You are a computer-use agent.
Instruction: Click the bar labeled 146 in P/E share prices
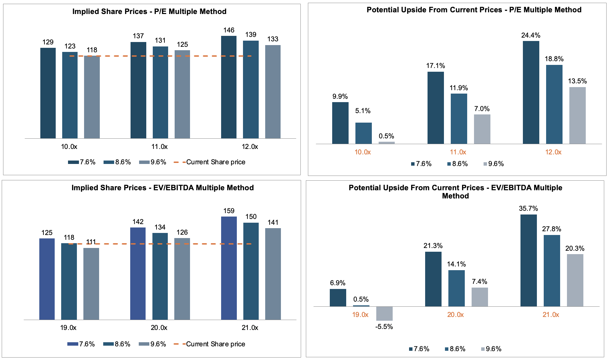tap(229, 87)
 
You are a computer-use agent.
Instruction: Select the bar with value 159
tap(229, 268)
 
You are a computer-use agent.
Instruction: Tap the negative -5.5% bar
tap(384, 314)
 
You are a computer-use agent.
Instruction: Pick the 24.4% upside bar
tap(531, 92)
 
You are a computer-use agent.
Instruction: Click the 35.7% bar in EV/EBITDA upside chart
tap(528, 260)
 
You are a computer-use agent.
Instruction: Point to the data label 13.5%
tap(577, 81)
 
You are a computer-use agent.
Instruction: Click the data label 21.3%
tap(433, 246)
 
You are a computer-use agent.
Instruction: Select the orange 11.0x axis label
tap(458, 152)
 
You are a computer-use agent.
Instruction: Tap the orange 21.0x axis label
tap(551, 315)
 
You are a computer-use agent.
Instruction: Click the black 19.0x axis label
tap(68, 328)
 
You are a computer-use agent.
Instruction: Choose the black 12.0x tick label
tap(250, 147)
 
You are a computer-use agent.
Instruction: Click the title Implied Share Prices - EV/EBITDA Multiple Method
tap(162, 188)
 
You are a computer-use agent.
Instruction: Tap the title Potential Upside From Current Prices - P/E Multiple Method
tap(474, 10)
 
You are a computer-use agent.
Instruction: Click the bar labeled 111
tap(91, 284)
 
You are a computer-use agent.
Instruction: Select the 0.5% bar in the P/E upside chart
tap(387, 143)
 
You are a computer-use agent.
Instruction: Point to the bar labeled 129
tap(48, 93)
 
